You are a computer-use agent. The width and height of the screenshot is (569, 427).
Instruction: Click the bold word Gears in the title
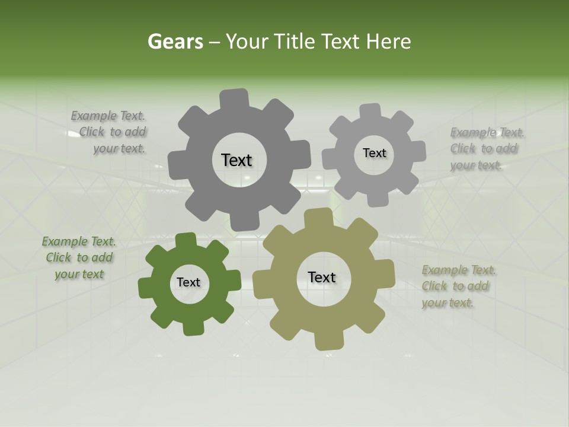pyautogui.click(x=175, y=42)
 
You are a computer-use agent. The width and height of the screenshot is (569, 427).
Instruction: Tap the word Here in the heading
pyautogui.click(x=388, y=42)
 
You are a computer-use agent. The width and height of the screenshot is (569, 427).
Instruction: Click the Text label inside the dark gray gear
pyautogui.click(x=236, y=160)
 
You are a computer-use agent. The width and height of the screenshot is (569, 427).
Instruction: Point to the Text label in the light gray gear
pyautogui.click(x=374, y=153)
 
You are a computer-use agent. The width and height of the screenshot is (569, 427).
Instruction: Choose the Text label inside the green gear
pyautogui.click(x=188, y=283)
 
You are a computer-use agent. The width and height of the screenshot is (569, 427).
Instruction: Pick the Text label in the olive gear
pyautogui.click(x=321, y=278)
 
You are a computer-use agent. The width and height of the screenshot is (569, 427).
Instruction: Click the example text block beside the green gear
pyautogui.click(x=79, y=258)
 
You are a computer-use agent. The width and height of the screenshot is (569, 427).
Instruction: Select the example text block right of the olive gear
pyautogui.click(x=459, y=286)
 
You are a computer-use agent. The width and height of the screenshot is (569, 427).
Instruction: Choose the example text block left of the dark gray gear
pyautogui.click(x=110, y=132)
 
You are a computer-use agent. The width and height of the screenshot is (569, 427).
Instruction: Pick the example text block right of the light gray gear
pyautogui.click(x=487, y=149)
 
